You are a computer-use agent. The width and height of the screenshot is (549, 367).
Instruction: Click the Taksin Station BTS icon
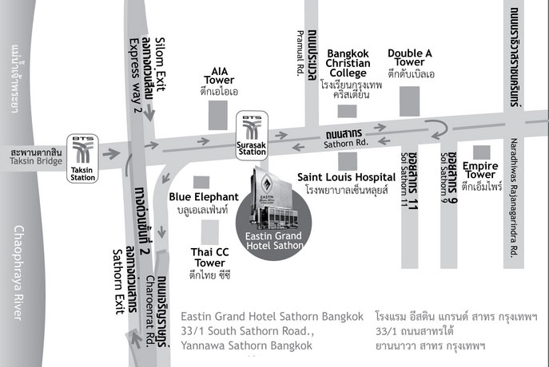point(82,158)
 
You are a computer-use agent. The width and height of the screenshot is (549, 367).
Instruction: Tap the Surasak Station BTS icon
point(252,136)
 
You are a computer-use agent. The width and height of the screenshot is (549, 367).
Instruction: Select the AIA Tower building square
point(218,116)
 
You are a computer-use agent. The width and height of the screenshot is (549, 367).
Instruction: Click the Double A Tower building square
point(410,101)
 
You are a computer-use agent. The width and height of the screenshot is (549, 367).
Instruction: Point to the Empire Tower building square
point(481,152)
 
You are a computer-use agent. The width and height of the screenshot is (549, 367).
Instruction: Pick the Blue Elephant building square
point(201,183)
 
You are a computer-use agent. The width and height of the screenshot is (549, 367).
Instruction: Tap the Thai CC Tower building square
point(210,232)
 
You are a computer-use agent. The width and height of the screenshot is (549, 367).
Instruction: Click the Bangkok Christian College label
point(348,63)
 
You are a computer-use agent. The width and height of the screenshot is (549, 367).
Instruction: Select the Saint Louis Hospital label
point(347,177)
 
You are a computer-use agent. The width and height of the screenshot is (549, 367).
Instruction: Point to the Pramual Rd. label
point(300,53)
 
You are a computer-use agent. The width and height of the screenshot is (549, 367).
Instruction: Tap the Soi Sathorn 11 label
point(404,180)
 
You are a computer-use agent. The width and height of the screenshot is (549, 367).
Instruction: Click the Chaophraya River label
point(18,273)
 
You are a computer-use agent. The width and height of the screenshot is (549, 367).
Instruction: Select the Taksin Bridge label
point(36,161)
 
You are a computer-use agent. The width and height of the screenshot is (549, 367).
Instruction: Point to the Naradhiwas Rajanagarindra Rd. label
point(514,198)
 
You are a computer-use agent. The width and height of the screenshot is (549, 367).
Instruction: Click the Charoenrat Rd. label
point(150,311)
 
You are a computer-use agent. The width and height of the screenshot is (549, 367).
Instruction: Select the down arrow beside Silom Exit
point(149,112)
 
